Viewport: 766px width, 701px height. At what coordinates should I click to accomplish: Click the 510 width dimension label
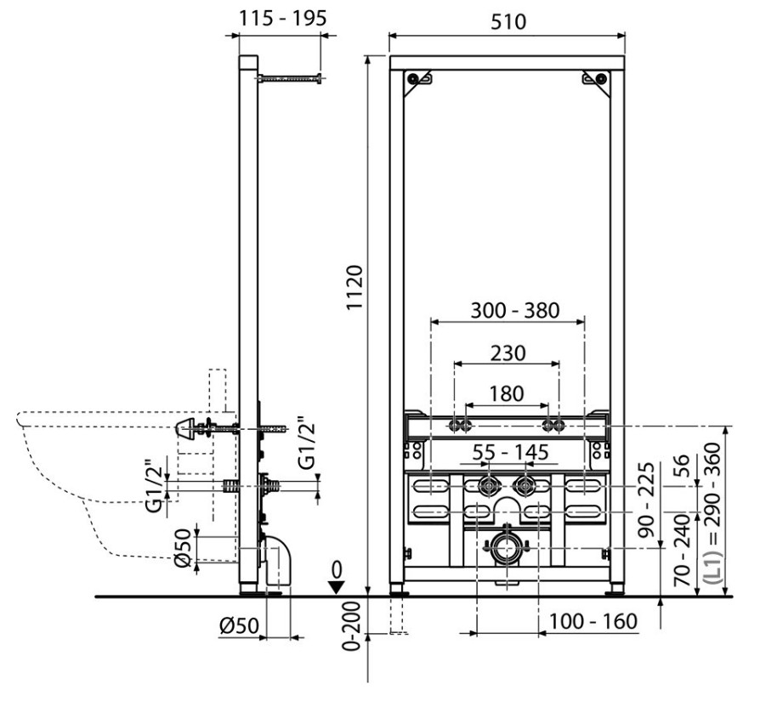508,21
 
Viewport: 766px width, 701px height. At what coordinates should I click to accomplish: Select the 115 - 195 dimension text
282,19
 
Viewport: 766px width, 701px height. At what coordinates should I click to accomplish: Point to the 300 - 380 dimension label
515,310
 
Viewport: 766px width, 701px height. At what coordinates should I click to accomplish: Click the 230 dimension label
508,353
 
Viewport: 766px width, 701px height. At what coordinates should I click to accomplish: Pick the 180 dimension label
507,393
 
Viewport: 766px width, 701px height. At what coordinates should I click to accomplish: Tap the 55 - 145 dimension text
510,453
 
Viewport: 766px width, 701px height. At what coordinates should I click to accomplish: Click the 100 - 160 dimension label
593,621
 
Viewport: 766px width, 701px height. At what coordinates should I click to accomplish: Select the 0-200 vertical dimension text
351,626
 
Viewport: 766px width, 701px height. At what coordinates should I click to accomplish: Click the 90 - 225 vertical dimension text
647,500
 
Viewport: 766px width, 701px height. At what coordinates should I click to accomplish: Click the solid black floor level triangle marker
336,586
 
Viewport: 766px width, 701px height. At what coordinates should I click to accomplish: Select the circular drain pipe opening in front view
507,548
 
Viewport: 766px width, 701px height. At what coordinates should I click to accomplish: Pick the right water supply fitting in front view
524,486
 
